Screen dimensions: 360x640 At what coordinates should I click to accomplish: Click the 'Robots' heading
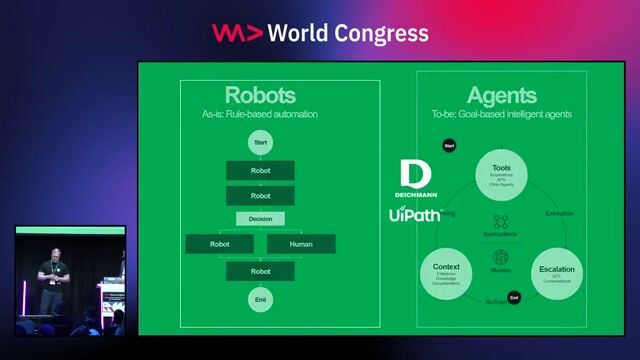click(x=260, y=96)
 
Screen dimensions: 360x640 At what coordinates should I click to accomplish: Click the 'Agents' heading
click(x=502, y=96)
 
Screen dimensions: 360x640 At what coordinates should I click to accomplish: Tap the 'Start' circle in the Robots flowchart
click(x=260, y=143)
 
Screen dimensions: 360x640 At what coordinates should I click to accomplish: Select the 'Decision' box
click(x=260, y=218)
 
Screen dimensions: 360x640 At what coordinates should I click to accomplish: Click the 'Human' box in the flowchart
click(x=301, y=243)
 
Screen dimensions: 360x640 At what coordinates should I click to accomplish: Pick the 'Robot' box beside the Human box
click(x=219, y=243)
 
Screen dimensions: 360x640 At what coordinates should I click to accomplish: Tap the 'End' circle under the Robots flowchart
click(x=260, y=298)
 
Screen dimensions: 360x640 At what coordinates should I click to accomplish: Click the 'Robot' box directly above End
click(x=260, y=271)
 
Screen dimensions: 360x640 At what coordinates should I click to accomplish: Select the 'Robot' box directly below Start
click(x=260, y=170)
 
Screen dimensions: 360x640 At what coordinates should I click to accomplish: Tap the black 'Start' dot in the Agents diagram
click(x=449, y=146)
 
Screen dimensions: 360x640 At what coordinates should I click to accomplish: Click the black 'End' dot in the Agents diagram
click(x=514, y=298)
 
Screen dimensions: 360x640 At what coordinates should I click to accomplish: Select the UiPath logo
click(x=415, y=213)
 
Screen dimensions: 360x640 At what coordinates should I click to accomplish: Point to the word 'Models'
click(x=501, y=269)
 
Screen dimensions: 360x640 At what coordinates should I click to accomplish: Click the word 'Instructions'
click(x=501, y=234)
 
